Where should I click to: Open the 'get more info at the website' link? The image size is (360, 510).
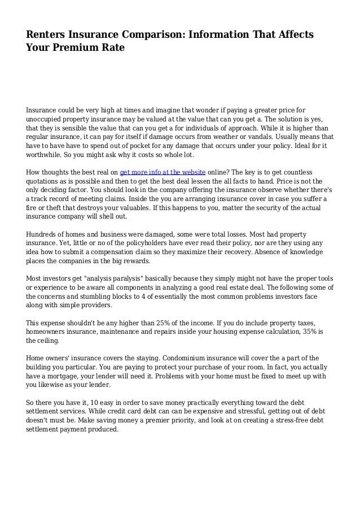163,172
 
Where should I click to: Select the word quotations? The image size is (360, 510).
47,181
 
